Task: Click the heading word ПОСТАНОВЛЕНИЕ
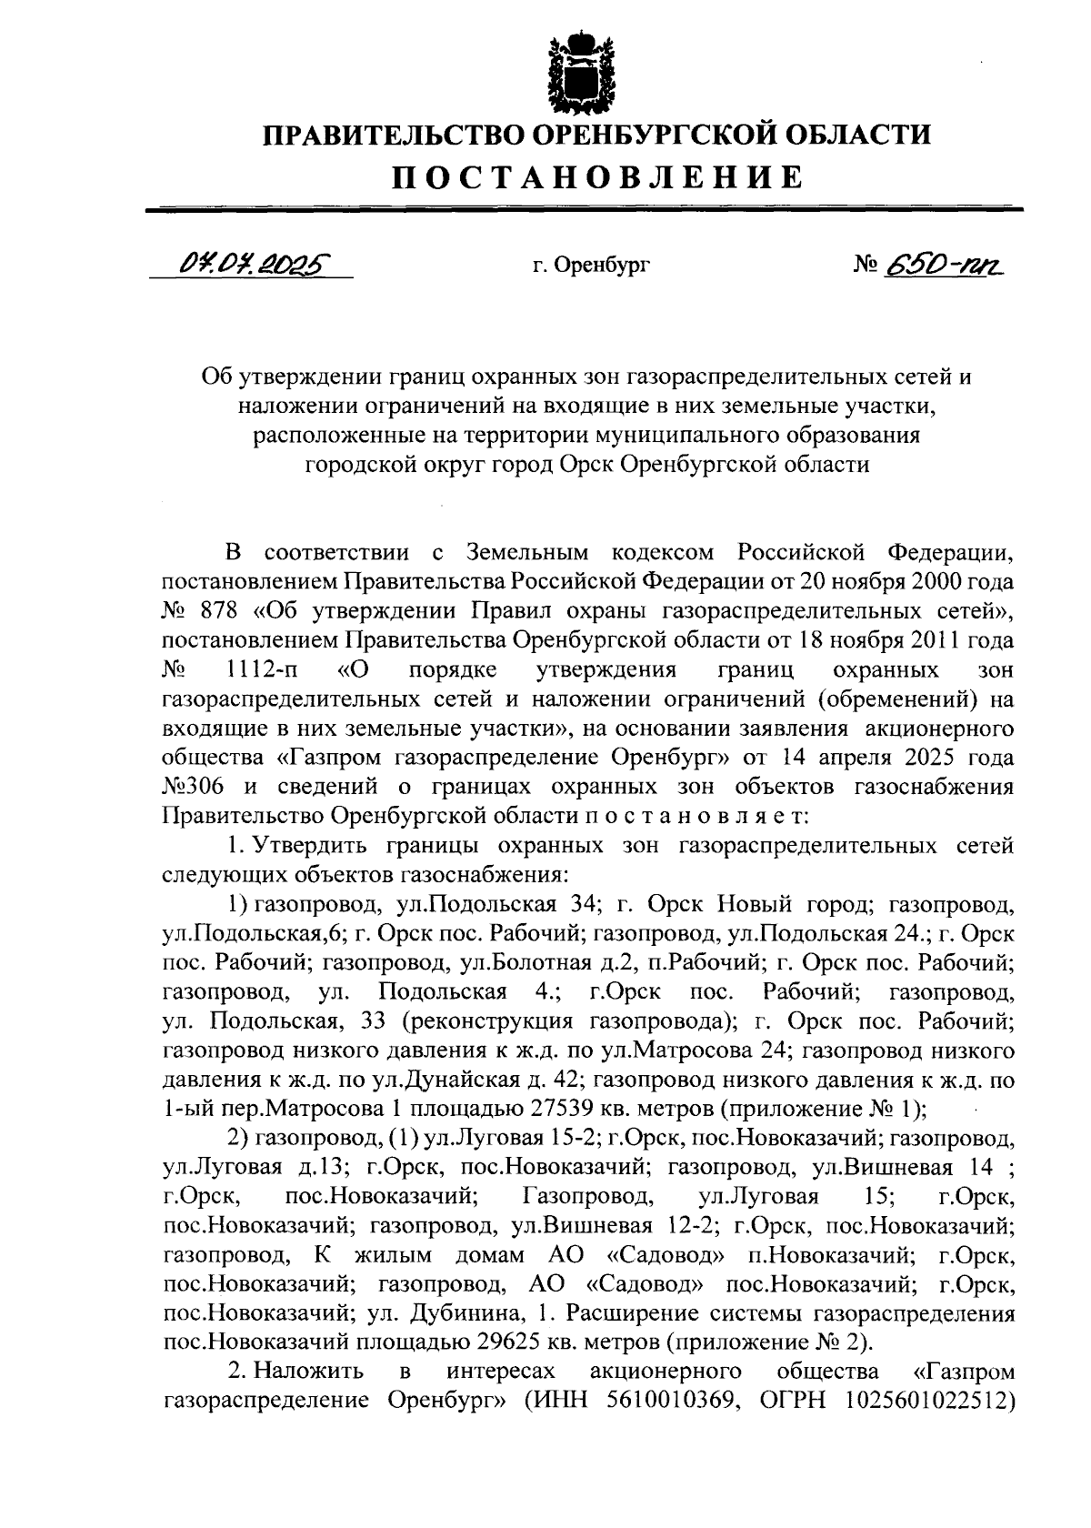597,176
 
